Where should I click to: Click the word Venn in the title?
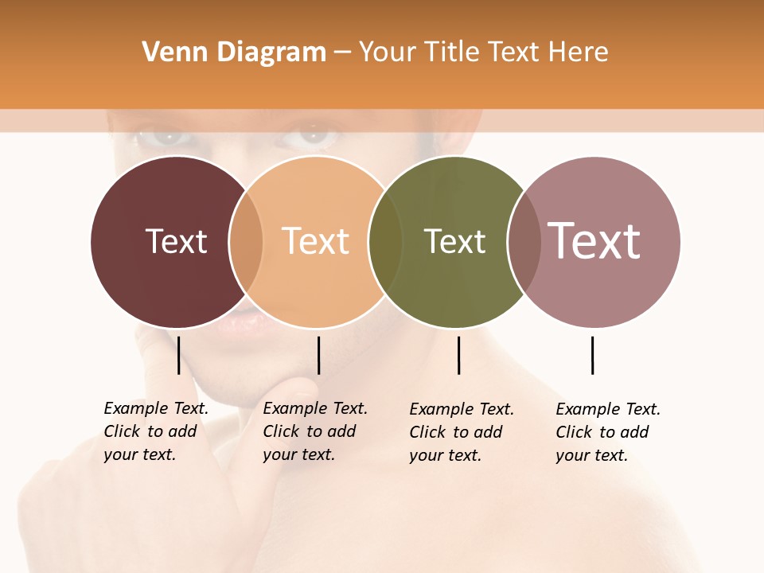tap(166, 53)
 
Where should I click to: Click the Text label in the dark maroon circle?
tap(176, 241)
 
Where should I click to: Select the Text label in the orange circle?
tap(316, 241)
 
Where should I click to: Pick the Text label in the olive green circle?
tap(454, 241)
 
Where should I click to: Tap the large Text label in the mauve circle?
tap(594, 241)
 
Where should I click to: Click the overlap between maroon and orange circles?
tap(246, 242)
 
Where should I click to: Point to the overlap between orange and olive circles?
tap(386, 242)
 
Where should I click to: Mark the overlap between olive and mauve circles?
tap(524, 242)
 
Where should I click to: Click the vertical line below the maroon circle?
tap(178, 355)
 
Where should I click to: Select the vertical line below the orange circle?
tap(318, 355)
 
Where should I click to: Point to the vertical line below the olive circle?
tap(458, 355)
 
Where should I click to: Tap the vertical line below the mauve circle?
tap(592, 355)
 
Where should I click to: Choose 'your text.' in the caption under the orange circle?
tap(298, 454)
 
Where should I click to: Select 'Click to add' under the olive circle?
tap(456, 432)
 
